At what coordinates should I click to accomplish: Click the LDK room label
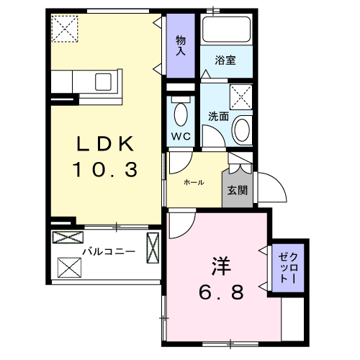(x=106, y=144)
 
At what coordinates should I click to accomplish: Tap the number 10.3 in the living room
(x=106, y=171)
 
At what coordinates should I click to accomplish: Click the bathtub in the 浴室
(x=225, y=31)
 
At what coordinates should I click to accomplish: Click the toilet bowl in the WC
(x=181, y=114)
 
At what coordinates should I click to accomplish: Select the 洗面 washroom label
(x=218, y=116)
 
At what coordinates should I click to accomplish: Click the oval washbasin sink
(x=243, y=131)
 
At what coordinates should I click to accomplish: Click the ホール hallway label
(x=194, y=183)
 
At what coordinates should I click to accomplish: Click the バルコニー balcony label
(x=108, y=251)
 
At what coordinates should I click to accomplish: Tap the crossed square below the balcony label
(x=70, y=268)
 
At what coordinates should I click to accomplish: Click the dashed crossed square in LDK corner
(x=66, y=30)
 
